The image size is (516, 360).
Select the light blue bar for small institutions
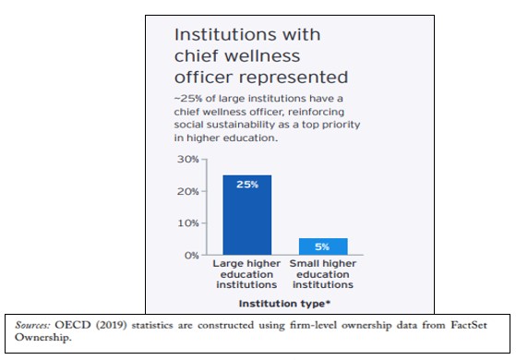(323, 246)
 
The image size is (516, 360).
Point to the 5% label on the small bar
(323, 246)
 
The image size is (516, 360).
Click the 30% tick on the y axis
(188, 160)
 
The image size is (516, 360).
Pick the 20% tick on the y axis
(188, 191)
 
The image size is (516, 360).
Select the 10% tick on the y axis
(188, 223)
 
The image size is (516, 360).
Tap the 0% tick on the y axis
(191, 255)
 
